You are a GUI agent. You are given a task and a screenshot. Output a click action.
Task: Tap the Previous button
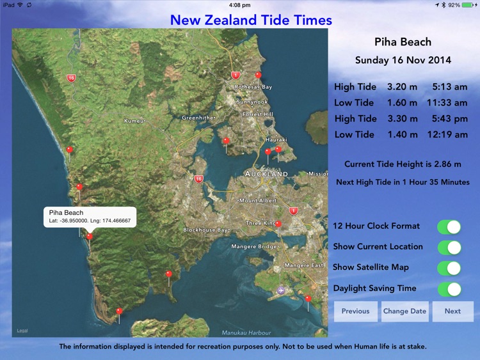pos(355,311)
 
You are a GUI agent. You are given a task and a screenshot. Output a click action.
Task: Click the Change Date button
pos(404,311)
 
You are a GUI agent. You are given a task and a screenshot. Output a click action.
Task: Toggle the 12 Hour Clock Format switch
pos(449,227)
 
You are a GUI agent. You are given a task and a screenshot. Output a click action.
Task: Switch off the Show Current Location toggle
pos(449,247)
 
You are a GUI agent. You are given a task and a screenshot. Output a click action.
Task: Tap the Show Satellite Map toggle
pos(449,268)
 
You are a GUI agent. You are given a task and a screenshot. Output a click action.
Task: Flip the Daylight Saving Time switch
pos(449,288)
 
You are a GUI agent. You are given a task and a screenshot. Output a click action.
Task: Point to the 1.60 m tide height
pos(402,102)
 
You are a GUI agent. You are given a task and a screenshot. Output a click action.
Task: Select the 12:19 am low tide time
pos(449,134)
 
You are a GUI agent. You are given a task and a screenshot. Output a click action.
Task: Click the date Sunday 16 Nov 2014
pos(403,61)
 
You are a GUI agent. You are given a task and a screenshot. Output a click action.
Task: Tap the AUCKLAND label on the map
pos(266,174)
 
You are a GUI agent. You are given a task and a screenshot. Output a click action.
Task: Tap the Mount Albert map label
pos(258,201)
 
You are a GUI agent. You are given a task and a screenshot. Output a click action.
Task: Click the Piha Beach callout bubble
pos(90,216)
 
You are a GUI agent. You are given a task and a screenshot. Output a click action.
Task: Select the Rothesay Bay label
pos(253,87)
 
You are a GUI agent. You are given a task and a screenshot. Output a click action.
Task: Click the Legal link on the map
pos(22,331)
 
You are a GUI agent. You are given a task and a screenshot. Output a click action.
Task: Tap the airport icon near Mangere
pos(280,291)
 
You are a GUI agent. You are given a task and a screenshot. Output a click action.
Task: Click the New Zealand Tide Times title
pos(251,20)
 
